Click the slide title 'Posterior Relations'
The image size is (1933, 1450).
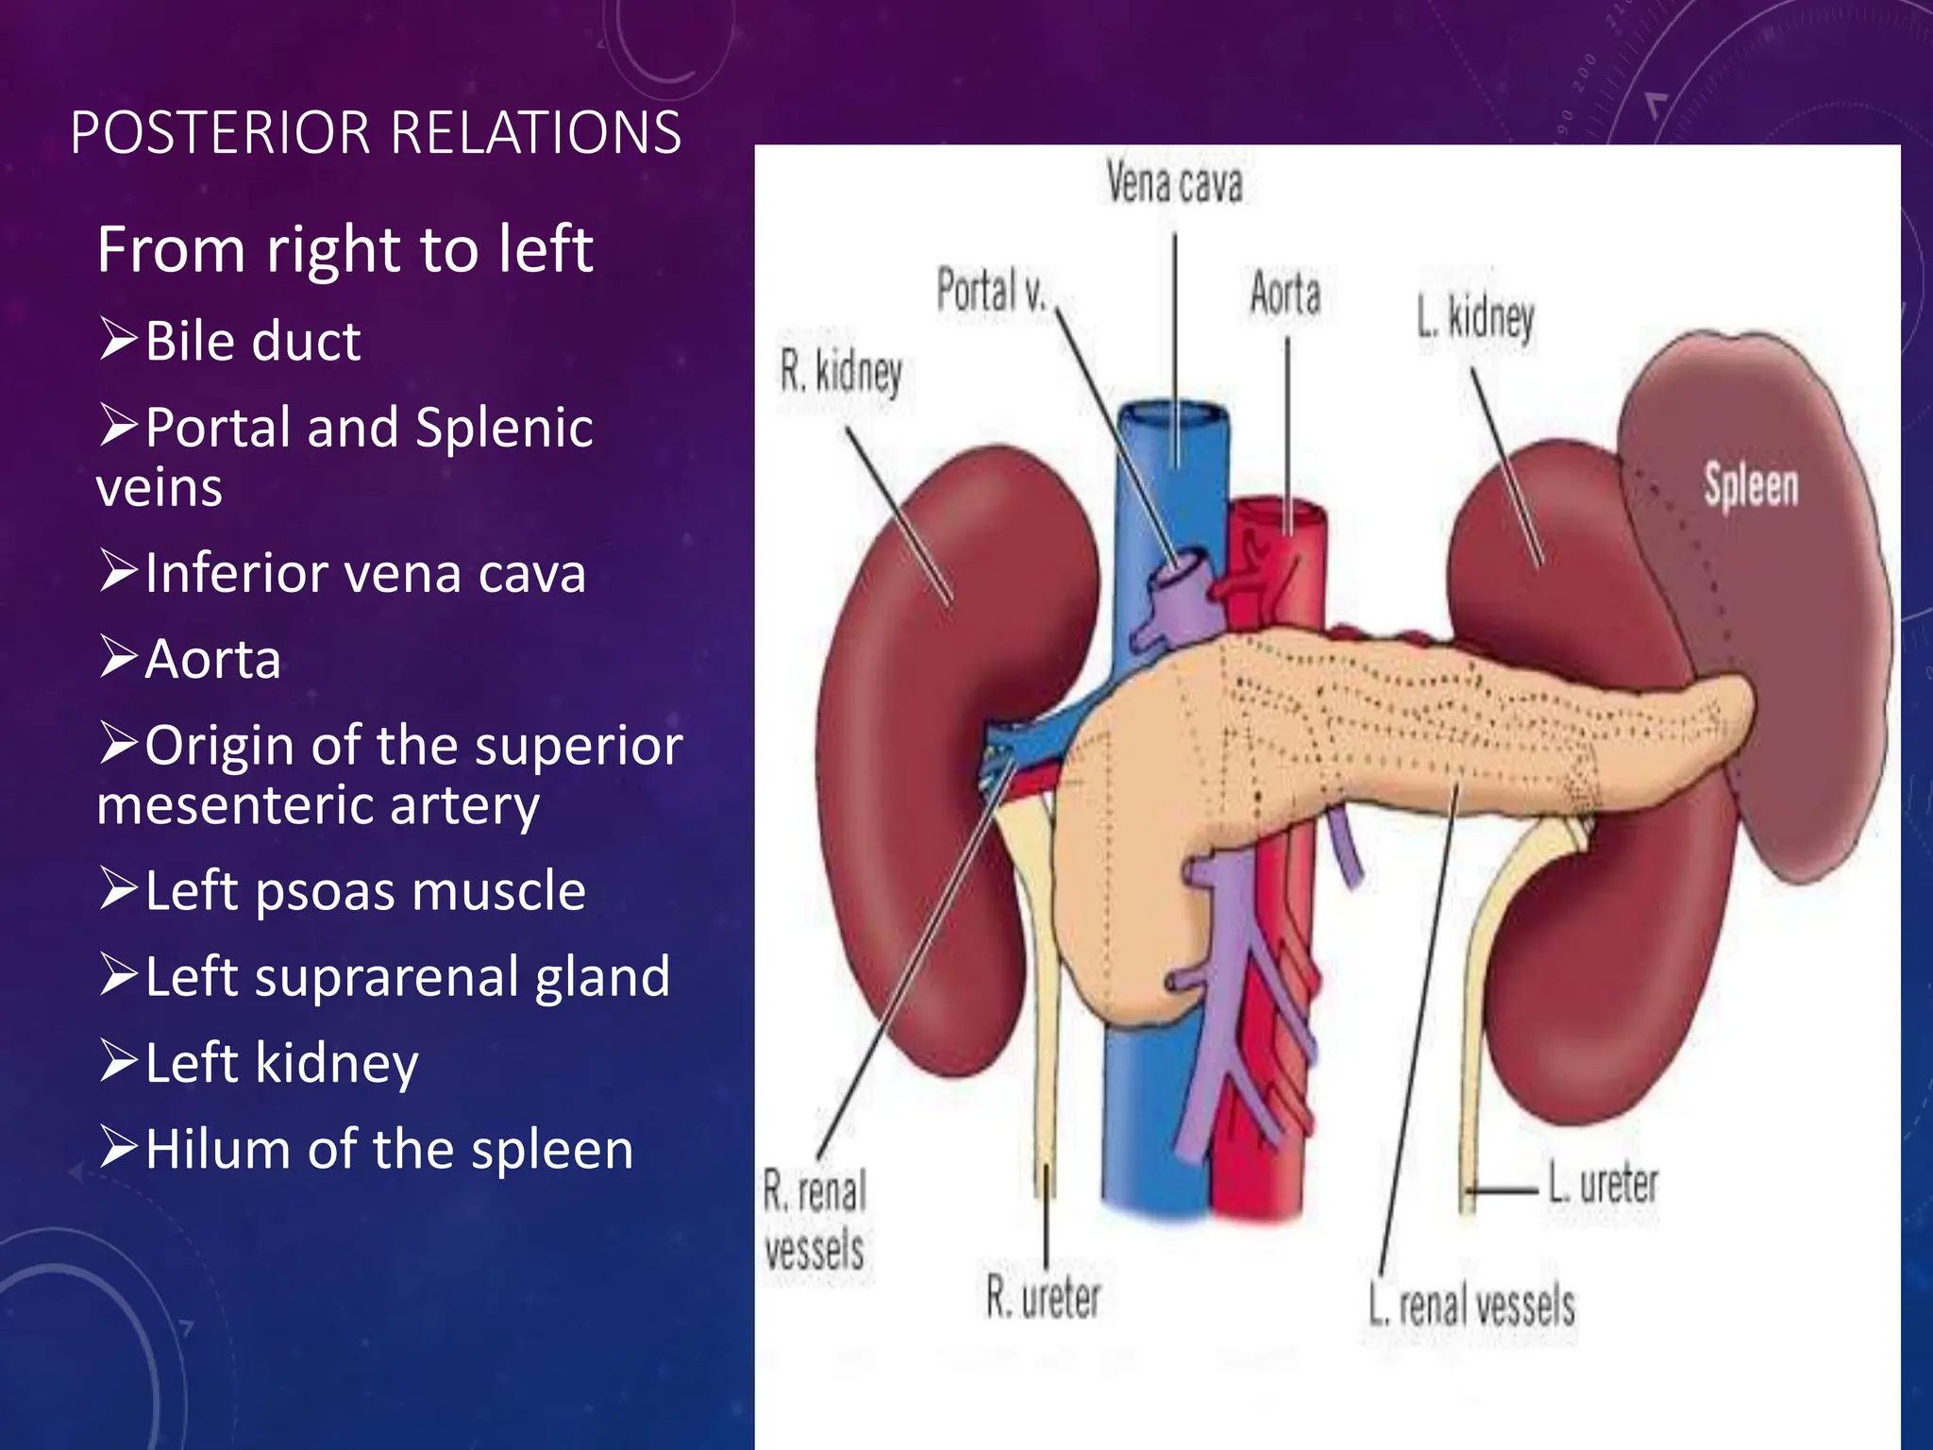[x=376, y=132]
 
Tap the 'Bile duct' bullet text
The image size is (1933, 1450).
[x=252, y=341]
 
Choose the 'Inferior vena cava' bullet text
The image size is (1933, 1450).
[x=365, y=573]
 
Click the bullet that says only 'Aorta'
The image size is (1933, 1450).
[x=212, y=659]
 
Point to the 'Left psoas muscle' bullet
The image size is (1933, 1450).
[x=365, y=890]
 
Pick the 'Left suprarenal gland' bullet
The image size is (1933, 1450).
[x=407, y=976]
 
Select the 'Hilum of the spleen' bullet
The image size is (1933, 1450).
[x=389, y=1150]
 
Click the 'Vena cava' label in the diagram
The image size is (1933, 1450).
[x=1174, y=183]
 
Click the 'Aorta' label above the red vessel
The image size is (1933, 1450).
[x=1285, y=293]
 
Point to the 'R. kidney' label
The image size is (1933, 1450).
[x=840, y=371]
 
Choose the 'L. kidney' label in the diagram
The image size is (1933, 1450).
[x=1475, y=318]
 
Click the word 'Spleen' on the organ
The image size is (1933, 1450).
[x=1751, y=486]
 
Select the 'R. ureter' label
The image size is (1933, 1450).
[x=1043, y=1297]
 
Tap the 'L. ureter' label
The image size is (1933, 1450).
[x=1603, y=1184]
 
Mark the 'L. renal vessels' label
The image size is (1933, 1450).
[x=1472, y=1306]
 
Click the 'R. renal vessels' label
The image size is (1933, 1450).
[x=815, y=1221]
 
